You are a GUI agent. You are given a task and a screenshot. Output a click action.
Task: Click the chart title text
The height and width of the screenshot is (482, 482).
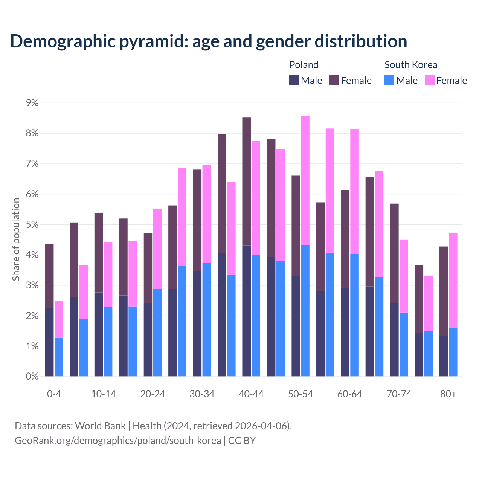[x=208, y=41]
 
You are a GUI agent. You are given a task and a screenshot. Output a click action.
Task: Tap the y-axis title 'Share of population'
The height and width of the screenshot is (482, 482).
[x=16, y=239]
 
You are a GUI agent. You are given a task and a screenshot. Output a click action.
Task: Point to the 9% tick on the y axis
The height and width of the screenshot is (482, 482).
[x=32, y=103]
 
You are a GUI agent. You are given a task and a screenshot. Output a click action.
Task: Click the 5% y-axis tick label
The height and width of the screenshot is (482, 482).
[x=32, y=225]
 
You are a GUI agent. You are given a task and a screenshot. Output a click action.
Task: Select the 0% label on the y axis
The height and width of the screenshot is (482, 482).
[x=32, y=377]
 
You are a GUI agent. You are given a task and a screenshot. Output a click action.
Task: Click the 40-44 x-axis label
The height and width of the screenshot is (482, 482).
[x=251, y=394]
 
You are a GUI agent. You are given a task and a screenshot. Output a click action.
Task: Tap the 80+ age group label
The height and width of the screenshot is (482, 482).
[x=448, y=394]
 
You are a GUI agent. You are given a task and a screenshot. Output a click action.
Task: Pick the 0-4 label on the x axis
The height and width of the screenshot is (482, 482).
[x=54, y=394]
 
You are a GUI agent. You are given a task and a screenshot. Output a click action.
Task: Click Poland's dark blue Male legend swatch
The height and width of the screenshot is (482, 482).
[x=294, y=81]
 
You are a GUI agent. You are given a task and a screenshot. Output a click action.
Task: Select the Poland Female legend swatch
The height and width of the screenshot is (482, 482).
[x=334, y=81]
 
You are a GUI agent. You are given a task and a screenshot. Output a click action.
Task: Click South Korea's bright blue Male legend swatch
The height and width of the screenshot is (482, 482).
[x=389, y=81]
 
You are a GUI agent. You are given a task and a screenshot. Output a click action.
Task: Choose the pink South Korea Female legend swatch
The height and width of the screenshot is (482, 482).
[x=430, y=81]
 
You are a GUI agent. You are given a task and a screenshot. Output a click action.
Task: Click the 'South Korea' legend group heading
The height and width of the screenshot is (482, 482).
[x=411, y=65]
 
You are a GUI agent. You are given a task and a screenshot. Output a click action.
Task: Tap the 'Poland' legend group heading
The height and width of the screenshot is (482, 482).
[x=304, y=65]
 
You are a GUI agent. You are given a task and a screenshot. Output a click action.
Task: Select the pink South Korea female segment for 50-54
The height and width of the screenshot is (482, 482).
[x=305, y=181]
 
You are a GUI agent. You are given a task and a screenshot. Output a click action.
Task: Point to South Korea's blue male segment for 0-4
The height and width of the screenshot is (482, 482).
[x=59, y=357]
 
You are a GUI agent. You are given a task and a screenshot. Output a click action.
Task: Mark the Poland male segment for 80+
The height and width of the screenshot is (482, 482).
[x=444, y=356]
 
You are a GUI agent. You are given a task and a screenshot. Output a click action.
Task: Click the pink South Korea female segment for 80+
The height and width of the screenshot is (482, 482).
[x=453, y=281]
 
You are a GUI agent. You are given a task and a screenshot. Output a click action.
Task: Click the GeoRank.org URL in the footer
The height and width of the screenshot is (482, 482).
[x=118, y=441]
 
